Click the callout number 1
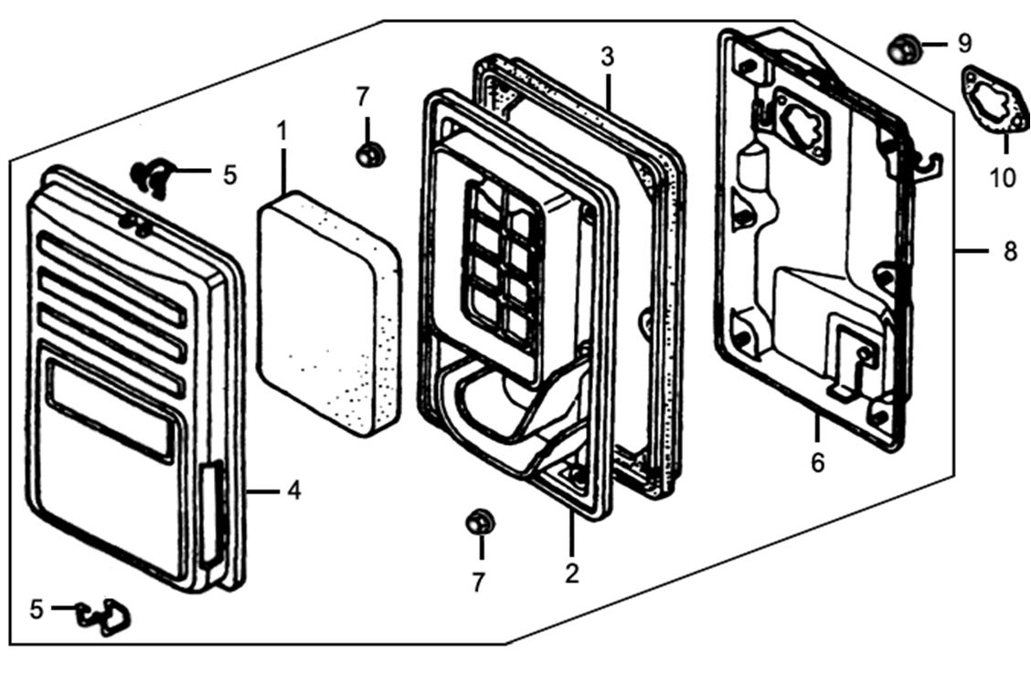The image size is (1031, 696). [282, 132]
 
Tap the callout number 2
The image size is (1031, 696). [572, 574]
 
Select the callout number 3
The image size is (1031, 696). [608, 57]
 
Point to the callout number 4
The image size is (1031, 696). [293, 490]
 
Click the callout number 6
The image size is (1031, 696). [817, 462]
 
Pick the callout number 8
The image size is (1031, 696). [1009, 250]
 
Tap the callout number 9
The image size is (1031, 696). [965, 43]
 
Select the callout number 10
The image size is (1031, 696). [1003, 176]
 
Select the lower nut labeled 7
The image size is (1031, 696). [480, 523]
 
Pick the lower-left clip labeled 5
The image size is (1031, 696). [105, 617]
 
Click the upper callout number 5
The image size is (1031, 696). [229, 174]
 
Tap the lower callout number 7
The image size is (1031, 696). [479, 583]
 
